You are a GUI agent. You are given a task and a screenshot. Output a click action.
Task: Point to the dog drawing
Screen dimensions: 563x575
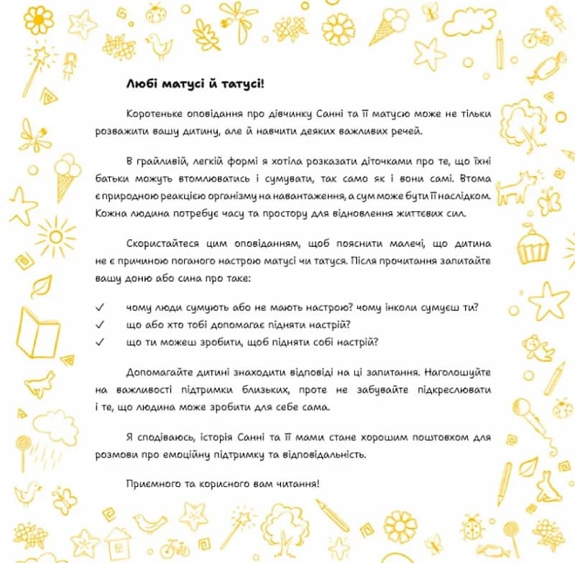[x=516, y=188]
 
